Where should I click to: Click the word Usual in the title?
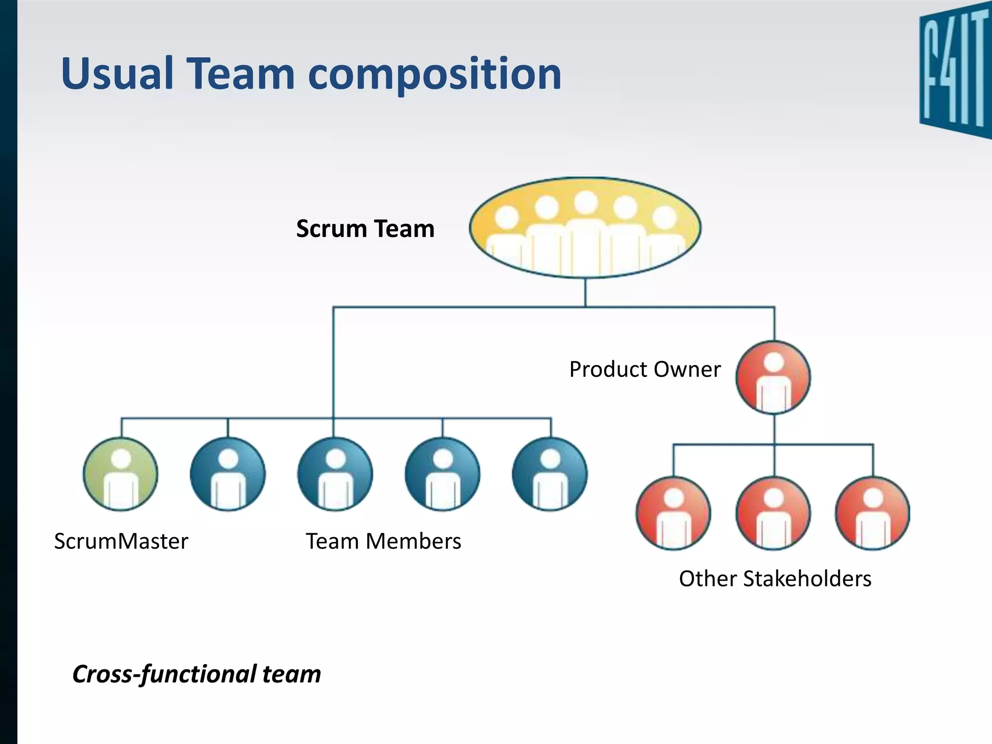point(117,74)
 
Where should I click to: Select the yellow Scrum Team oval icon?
point(585,228)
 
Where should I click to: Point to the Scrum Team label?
point(365,229)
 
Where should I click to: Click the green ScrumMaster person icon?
point(121,474)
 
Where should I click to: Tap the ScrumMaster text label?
point(121,541)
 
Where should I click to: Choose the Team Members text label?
point(383,541)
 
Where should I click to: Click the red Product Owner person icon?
point(773,377)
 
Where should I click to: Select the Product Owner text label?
point(645,370)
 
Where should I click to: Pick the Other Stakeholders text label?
point(775,578)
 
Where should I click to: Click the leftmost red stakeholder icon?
point(673,513)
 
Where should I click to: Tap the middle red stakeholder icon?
point(773,513)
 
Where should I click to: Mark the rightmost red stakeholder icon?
point(873,513)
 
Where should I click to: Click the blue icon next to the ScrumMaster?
point(228,474)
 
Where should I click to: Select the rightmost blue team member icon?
point(550,474)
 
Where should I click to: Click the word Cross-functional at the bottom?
point(164,674)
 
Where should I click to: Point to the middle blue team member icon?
point(335,474)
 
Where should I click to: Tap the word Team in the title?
point(241,74)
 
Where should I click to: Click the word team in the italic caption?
point(292,674)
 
